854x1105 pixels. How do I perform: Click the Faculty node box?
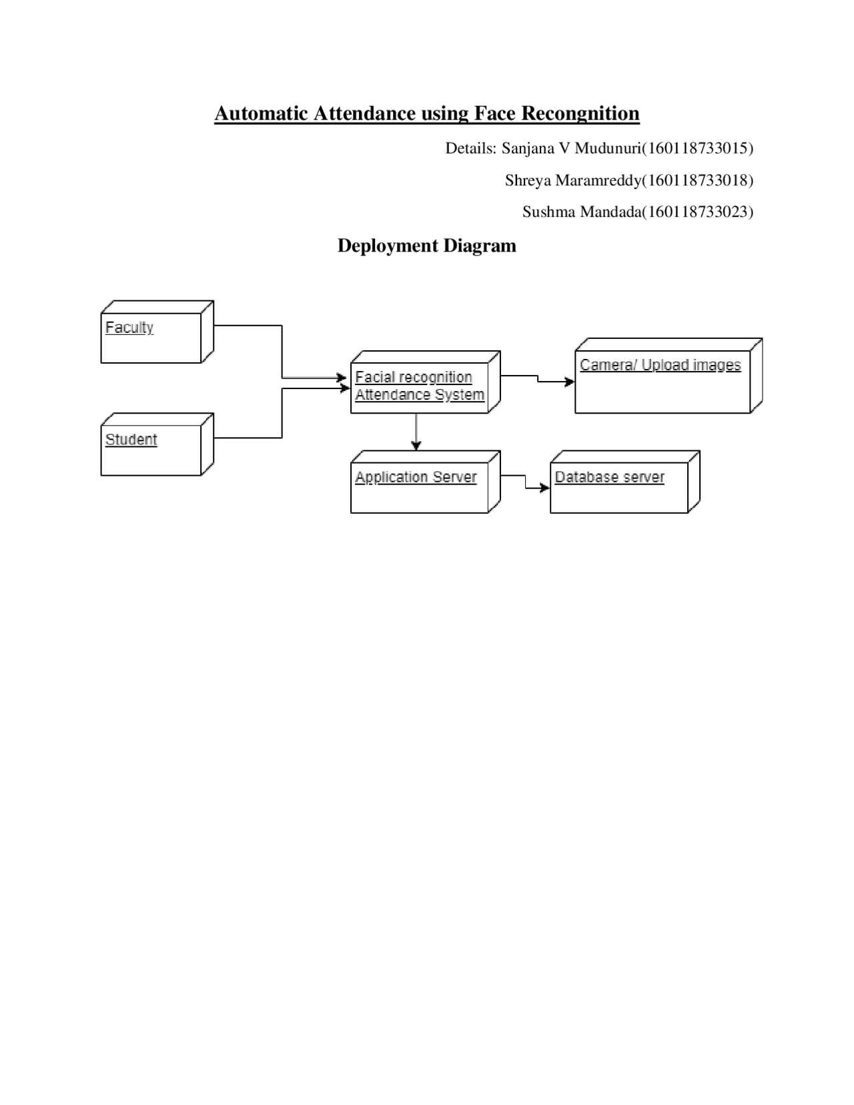(151, 337)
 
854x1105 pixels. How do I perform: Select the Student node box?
(151, 450)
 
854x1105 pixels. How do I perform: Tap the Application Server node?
(420, 487)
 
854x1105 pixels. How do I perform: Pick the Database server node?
(619, 487)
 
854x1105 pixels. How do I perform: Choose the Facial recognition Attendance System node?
(420, 387)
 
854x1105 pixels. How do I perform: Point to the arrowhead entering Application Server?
(416, 446)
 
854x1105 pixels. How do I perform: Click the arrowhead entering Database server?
(545, 488)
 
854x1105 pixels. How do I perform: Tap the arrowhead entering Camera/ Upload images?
(570, 382)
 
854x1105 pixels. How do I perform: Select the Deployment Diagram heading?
(427, 246)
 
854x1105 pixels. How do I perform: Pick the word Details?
(470, 148)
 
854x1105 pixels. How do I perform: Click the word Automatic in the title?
(262, 113)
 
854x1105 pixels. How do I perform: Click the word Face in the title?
(496, 113)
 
